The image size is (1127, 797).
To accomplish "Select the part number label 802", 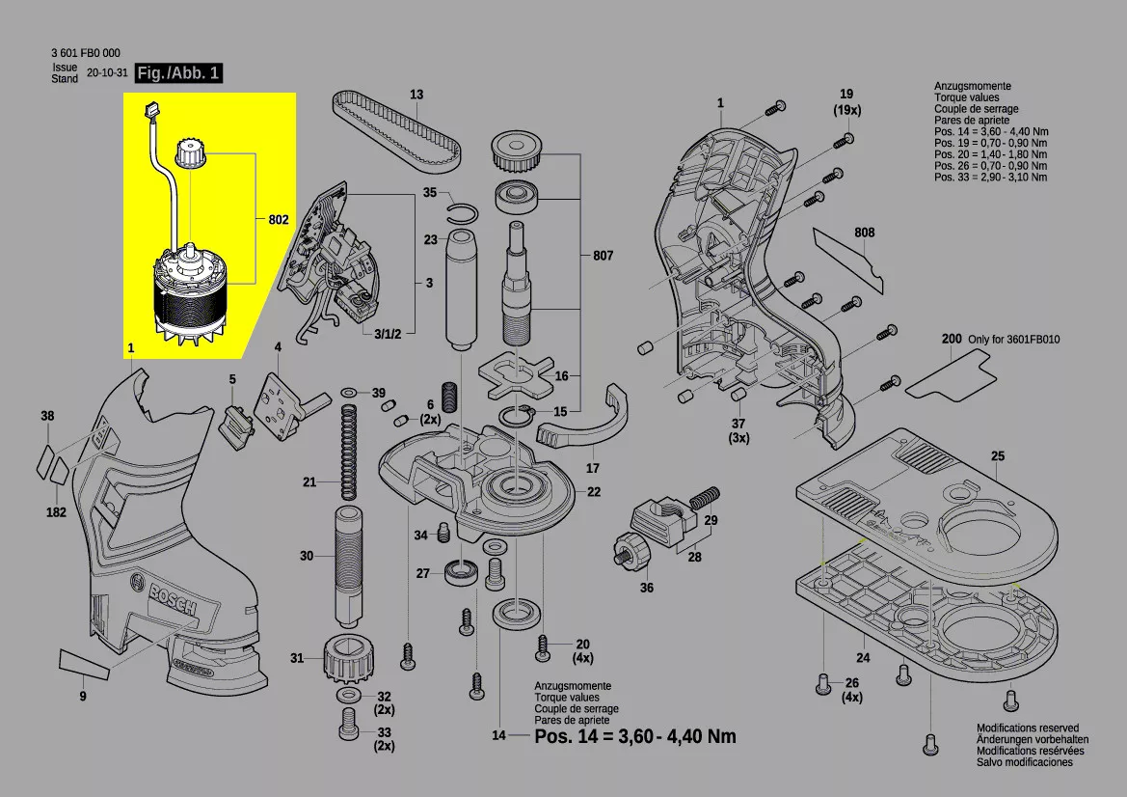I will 279,220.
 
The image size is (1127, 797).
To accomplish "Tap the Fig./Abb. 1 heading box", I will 178,73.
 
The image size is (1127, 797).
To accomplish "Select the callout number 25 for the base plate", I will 997,455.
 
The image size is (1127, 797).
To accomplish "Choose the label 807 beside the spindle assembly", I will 603,256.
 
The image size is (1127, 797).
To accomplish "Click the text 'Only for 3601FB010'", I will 1014,340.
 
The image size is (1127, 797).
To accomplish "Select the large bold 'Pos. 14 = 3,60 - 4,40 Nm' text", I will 635,736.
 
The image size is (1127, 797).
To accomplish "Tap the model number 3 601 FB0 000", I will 86,53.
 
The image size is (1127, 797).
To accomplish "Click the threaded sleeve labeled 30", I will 347,563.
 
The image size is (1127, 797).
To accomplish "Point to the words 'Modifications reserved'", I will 1028,728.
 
